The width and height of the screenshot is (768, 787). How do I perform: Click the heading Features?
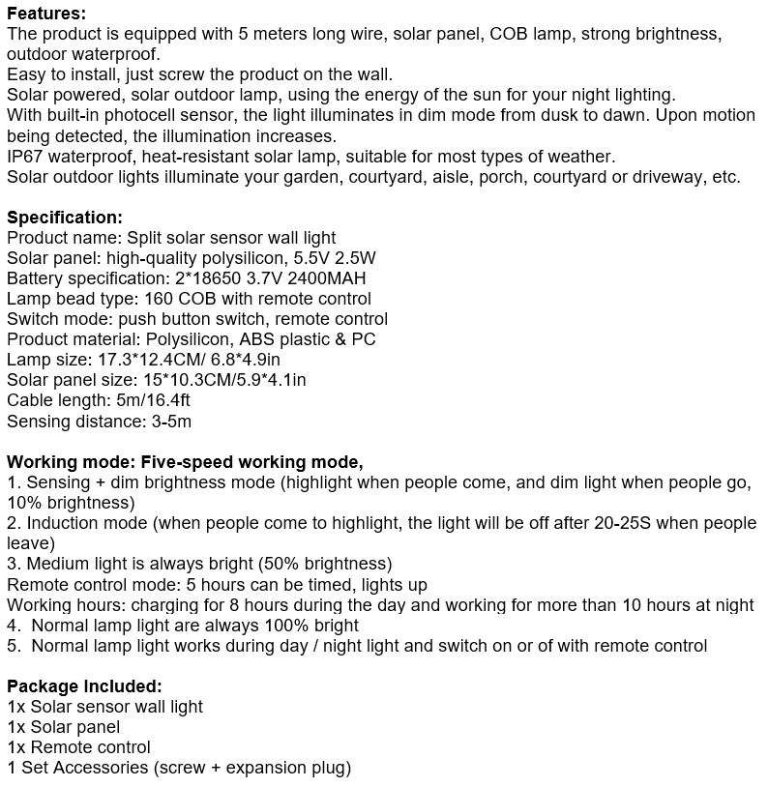pyautogui.click(x=46, y=14)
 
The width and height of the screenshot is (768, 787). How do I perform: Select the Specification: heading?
pyautogui.click(x=65, y=218)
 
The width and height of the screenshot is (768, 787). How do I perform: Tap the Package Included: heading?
pyautogui.click(x=84, y=686)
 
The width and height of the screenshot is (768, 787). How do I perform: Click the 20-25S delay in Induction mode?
pyautogui.click(x=591, y=523)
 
